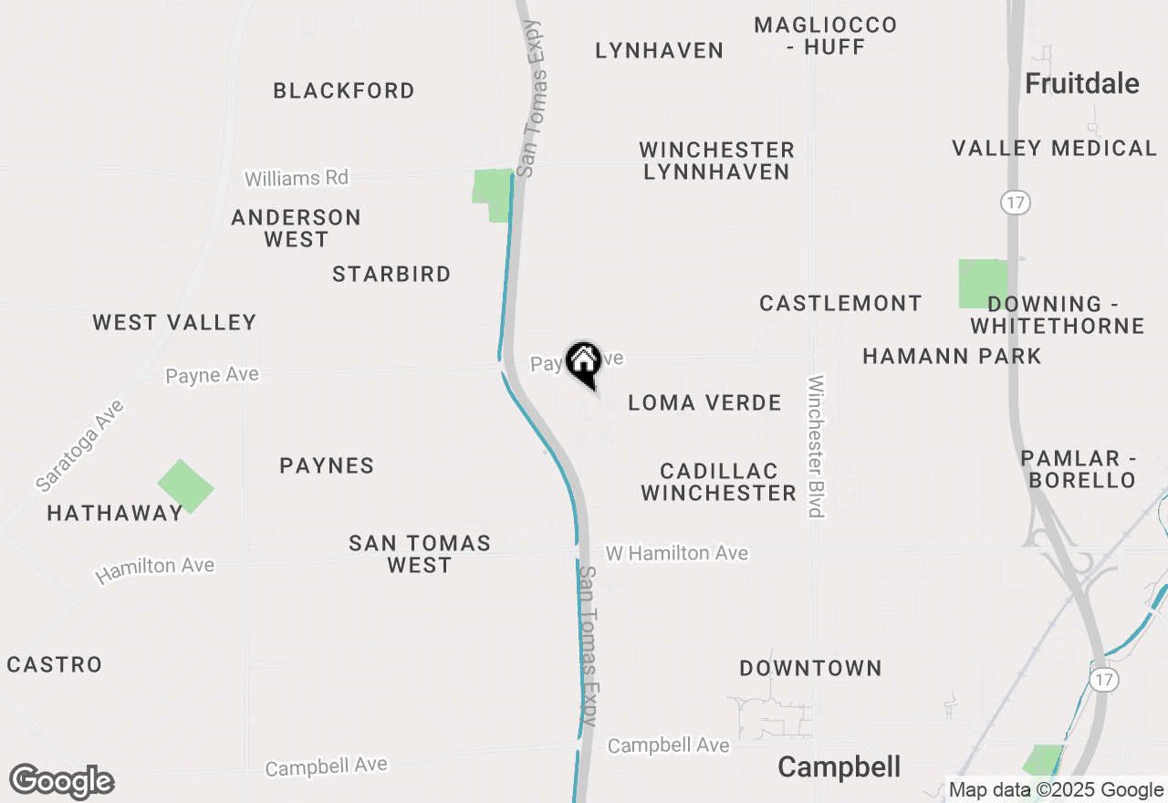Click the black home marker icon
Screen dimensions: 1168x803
(583, 363)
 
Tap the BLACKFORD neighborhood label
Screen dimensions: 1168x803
(344, 90)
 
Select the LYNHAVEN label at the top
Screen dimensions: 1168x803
(659, 50)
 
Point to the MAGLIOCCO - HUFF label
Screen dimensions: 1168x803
(826, 36)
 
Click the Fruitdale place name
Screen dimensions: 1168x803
(1081, 84)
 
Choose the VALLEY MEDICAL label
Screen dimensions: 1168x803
(1054, 148)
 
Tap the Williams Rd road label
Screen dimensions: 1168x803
(297, 178)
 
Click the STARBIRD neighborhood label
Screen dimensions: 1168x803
(391, 274)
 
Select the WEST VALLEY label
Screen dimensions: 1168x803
(174, 322)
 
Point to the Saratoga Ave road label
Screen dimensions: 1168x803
(80, 444)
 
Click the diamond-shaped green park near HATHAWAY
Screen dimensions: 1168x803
(185, 486)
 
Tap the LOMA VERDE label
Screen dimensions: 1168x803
(704, 402)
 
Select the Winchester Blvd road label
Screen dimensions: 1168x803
(816, 446)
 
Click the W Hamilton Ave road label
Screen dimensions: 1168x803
(676, 553)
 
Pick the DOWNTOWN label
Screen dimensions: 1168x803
(810, 668)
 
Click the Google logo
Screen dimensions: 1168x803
(61, 782)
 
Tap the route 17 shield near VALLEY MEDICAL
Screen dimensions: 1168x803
(1015, 203)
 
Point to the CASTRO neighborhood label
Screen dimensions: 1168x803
(55, 664)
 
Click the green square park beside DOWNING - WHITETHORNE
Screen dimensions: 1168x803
(982, 283)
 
